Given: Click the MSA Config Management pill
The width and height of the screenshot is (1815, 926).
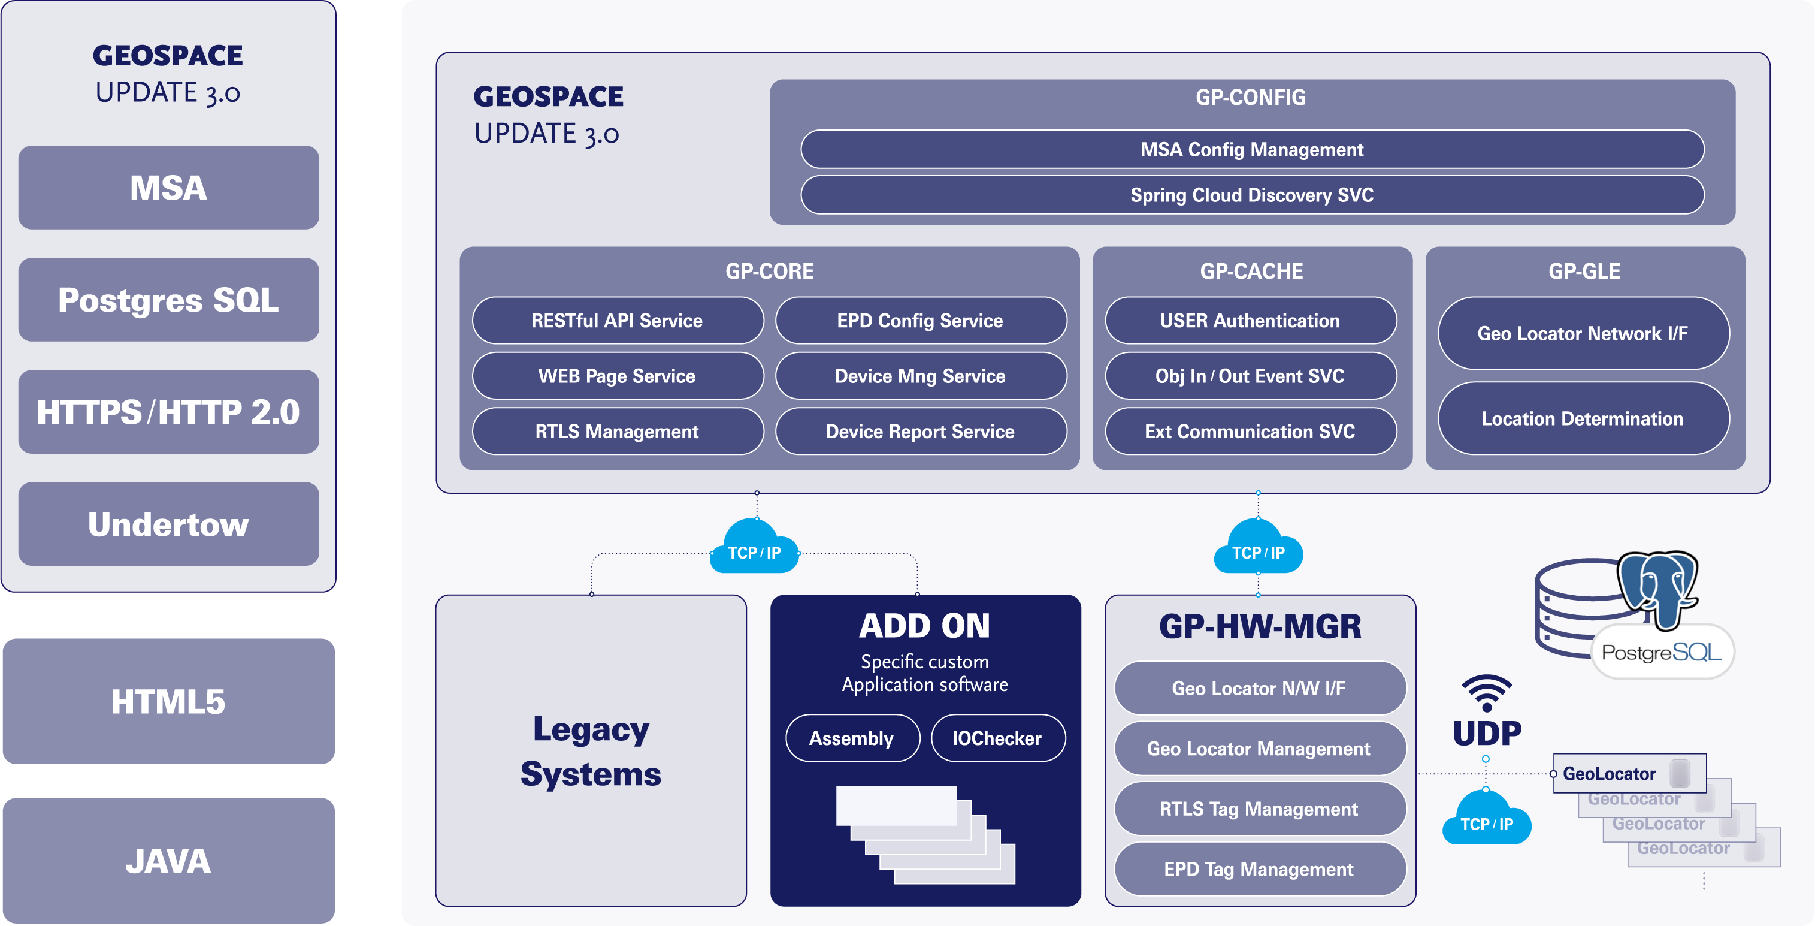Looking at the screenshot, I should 1251,149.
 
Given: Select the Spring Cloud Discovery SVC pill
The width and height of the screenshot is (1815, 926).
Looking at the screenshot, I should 1251,195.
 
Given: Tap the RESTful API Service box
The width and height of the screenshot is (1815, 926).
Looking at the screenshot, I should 617,321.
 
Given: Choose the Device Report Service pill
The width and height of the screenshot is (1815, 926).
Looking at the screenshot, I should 920,432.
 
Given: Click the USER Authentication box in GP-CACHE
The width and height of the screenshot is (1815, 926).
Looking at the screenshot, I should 1250,321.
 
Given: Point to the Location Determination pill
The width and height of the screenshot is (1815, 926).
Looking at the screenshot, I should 1583,418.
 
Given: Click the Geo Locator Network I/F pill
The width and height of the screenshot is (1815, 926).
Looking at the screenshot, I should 1583,333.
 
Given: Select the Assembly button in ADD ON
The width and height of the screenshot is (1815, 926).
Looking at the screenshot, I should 852,738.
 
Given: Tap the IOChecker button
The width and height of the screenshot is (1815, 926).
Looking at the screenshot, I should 997,738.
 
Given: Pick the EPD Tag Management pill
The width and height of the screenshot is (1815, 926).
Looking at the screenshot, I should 1259,869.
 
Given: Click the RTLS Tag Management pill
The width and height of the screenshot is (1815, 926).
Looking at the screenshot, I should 1259,809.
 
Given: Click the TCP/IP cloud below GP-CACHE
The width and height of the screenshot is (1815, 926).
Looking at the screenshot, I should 1258,550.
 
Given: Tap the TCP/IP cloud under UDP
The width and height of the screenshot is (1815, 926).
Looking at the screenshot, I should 1487,821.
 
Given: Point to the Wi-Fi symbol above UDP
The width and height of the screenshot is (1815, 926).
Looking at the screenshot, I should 1487,693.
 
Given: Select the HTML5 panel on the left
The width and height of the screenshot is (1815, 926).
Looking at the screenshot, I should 168,702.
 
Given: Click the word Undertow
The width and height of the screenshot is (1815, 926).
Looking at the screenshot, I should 168,524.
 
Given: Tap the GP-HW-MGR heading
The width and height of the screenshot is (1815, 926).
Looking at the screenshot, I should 1260,626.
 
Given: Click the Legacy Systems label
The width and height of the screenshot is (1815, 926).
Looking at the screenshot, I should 591,751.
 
